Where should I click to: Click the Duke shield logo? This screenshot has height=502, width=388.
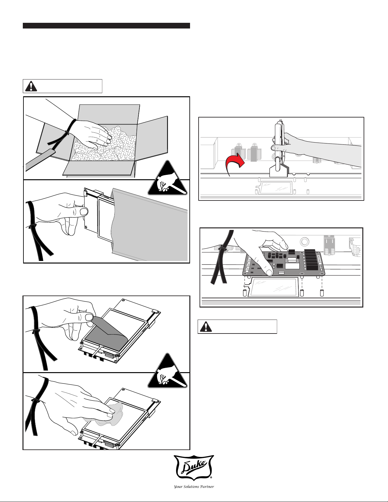coord(194,468)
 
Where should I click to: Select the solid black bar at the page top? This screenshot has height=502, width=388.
coord(106,26)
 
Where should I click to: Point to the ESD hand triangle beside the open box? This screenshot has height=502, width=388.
coord(168,179)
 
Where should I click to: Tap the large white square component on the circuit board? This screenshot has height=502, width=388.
coord(292,265)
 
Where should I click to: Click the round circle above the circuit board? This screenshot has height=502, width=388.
coord(304,242)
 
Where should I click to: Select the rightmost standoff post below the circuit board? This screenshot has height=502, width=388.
coord(322,292)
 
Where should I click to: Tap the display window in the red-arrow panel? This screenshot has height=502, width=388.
coord(276,187)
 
